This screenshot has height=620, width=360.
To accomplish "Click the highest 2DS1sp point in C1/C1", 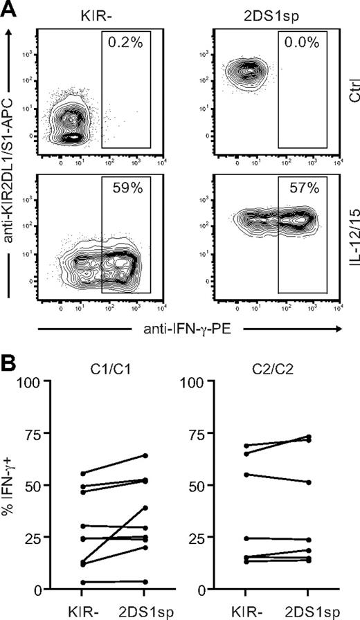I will click(144, 455).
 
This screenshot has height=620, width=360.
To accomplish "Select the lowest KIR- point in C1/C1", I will click(82, 583).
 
